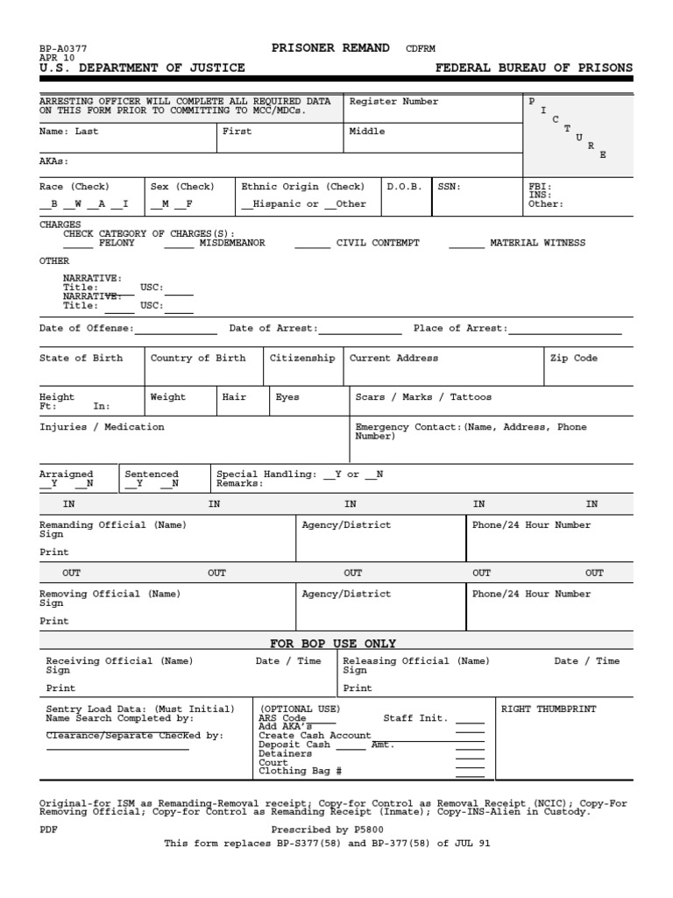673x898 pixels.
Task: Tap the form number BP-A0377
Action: (x=63, y=49)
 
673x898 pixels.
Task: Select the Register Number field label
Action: (x=393, y=102)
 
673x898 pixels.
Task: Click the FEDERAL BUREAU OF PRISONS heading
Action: (x=534, y=68)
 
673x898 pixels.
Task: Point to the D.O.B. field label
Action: (x=404, y=187)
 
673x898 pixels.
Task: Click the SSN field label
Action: (x=449, y=187)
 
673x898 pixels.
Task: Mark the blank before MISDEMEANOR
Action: (x=179, y=244)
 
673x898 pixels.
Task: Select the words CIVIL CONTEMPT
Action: (x=378, y=243)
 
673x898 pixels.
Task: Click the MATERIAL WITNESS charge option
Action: (x=537, y=243)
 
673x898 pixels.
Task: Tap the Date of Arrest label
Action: (x=273, y=328)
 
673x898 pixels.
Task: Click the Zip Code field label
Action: (x=573, y=358)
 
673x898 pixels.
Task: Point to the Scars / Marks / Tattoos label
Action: (x=423, y=397)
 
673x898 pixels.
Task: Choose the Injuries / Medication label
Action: (x=102, y=427)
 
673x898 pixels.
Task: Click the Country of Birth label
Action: (x=198, y=358)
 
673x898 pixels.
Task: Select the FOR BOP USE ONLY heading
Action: (x=333, y=643)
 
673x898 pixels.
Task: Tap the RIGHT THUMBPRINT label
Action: (x=548, y=709)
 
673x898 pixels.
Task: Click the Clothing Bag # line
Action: (x=300, y=771)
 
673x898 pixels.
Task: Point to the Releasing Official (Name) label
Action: (x=415, y=661)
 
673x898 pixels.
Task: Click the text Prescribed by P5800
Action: (x=327, y=829)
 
